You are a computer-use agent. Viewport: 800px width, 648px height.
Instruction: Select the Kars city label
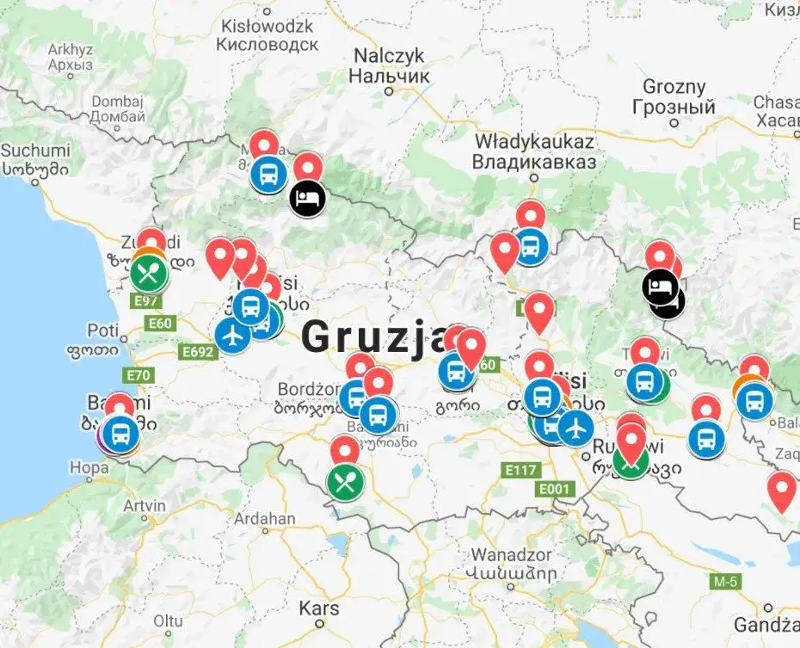319,608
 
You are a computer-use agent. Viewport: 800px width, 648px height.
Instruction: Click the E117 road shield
520,470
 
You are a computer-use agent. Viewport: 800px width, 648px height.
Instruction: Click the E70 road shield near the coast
138,374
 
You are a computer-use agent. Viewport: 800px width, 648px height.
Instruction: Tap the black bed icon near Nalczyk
308,199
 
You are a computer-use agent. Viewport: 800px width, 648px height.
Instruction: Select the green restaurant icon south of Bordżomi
345,482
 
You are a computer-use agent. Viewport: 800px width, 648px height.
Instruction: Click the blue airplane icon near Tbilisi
575,427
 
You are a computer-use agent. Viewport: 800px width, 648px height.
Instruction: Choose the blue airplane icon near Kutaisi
231,336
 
